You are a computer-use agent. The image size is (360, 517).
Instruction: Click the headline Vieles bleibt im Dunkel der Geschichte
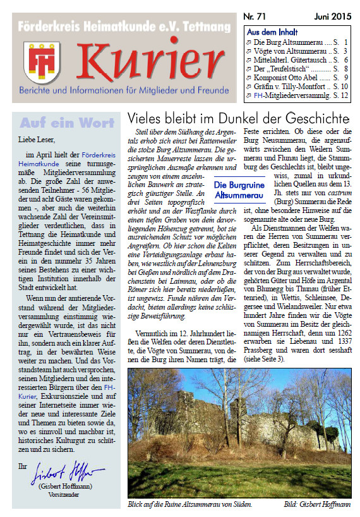pos(238,118)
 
